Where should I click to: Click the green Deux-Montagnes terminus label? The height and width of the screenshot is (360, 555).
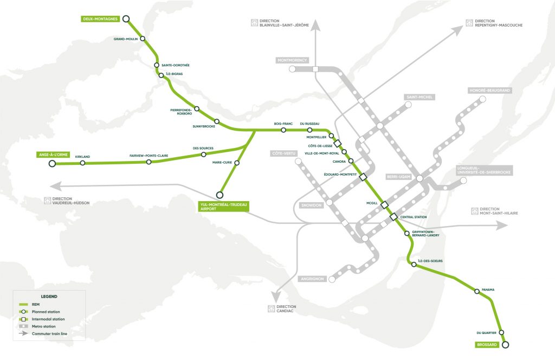[x=100, y=19]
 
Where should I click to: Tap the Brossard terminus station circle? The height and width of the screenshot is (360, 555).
[x=506, y=344]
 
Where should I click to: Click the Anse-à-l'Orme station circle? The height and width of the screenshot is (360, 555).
[x=52, y=163]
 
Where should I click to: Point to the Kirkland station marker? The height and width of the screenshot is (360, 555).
[x=82, y=163]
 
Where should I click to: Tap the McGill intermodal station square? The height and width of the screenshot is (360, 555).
[x=384, y=204]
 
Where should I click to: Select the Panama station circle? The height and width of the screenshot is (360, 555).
[x=477, y=291]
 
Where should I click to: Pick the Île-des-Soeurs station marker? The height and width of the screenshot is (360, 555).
[x=414, y=265]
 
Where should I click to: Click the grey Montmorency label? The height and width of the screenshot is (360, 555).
[x=292, y=60]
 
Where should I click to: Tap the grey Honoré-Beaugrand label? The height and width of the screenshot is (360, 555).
[x=490, y=91]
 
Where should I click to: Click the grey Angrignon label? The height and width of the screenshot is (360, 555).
[x=312, y=279]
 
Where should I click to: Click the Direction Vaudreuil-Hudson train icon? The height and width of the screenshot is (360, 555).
[x=48, y=200]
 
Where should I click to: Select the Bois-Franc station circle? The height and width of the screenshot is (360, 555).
[x=283, y=130]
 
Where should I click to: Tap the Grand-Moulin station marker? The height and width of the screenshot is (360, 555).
[x=143, y=38]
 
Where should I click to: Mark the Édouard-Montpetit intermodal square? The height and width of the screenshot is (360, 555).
[x=363, y=177]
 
